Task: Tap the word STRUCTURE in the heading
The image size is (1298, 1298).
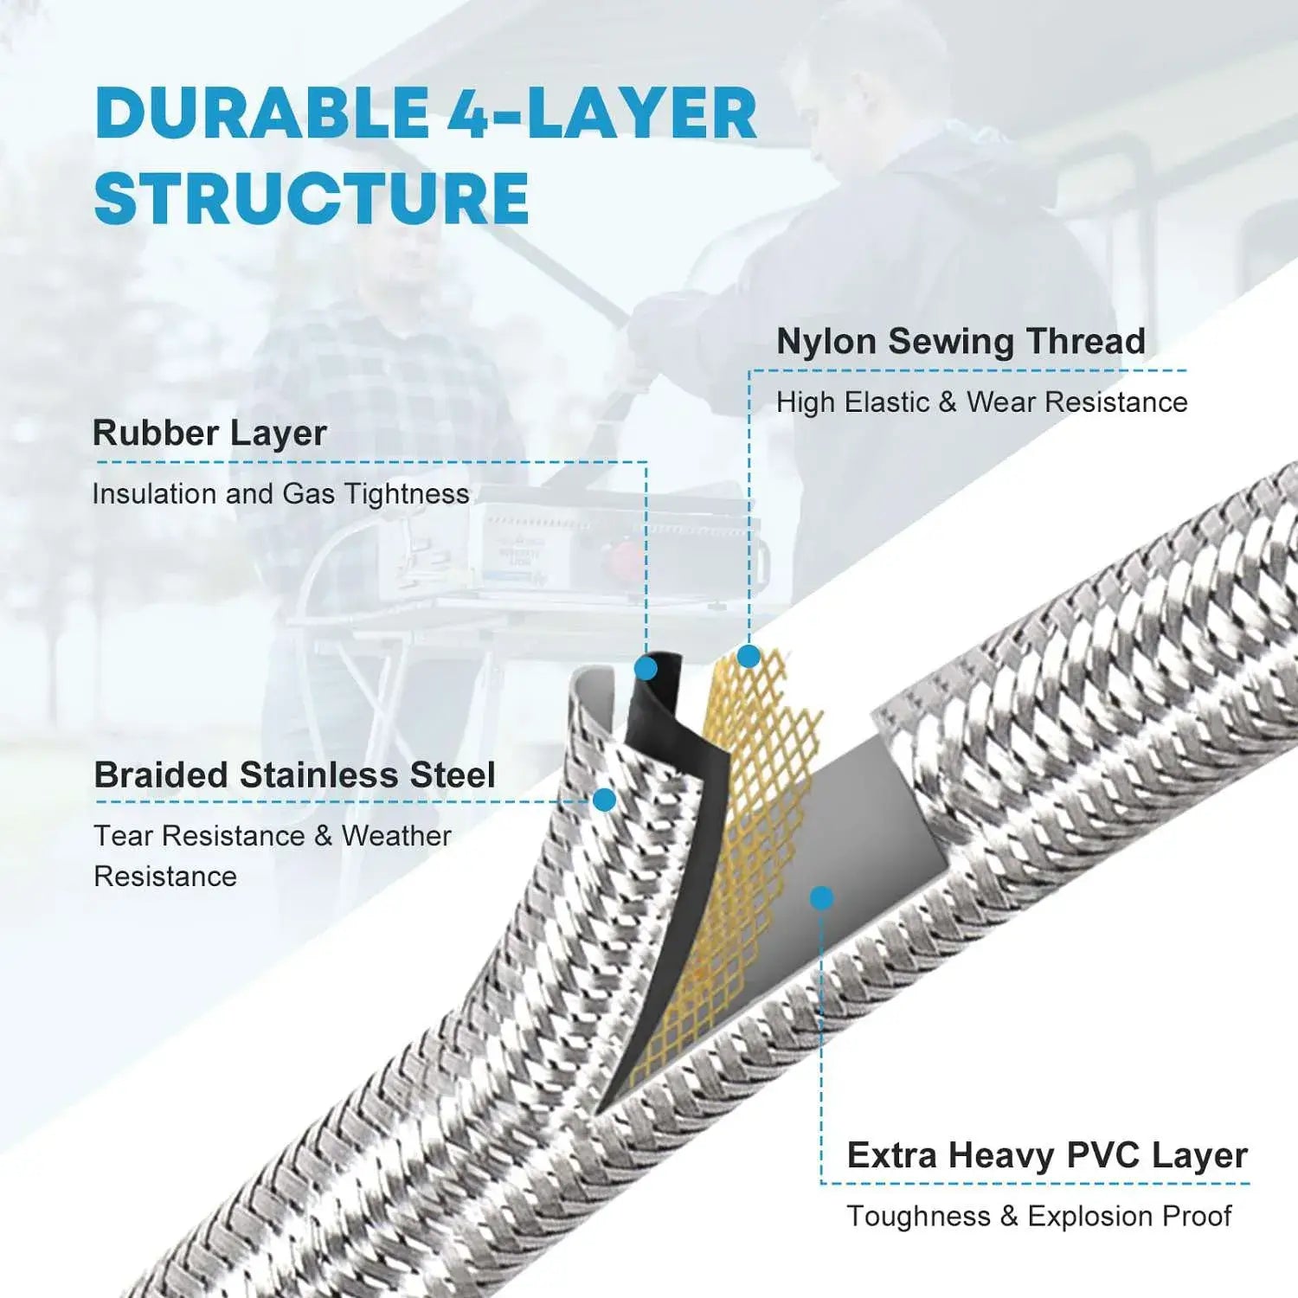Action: pos(312,198)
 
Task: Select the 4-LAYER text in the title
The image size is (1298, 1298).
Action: pos(602,114)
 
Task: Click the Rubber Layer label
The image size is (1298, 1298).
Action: pos(209,433)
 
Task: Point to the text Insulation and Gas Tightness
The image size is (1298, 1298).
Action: pos(280,493)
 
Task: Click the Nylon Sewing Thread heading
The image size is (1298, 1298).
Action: pos(961,341)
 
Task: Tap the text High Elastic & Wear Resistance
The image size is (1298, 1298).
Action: pos(981,402)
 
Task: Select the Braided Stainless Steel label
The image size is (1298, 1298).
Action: pos(294,774)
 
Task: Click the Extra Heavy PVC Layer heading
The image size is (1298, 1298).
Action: pos(1047,1155)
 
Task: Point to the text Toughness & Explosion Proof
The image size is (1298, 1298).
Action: pos(1038,1216)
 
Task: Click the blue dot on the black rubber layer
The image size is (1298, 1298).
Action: pos(646,668)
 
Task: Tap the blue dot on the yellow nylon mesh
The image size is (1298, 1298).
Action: pos(749,657)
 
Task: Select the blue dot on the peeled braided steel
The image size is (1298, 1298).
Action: pos(604,800)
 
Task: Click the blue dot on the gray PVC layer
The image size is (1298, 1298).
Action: pos(822,897)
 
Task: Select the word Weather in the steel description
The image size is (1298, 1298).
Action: pos(396,836)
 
